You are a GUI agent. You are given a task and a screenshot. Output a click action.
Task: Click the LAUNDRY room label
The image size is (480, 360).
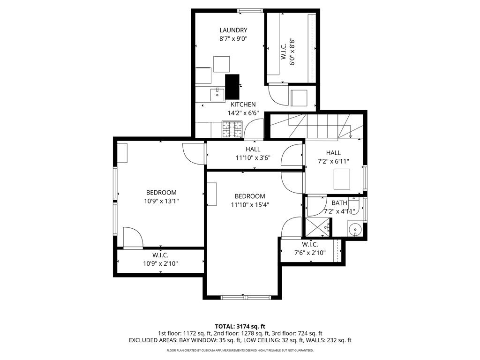(233, 30)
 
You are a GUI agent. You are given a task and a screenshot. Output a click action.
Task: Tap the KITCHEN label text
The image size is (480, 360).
(243, 105)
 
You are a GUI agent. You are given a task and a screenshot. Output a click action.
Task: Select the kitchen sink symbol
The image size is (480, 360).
(217, 94)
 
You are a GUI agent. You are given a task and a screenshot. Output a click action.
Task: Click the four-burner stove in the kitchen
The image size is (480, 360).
(232, 129)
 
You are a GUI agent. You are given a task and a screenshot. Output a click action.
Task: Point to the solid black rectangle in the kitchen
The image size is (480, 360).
(232, 87)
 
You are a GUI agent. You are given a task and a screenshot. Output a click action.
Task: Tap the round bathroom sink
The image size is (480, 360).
(355, 229)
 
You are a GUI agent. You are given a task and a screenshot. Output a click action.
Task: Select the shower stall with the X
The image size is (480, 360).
(318, 227)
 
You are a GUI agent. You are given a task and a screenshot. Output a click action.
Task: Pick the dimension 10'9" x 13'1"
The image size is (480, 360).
(161, 201)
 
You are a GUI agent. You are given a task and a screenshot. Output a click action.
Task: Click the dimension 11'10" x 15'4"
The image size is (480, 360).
(250, 205)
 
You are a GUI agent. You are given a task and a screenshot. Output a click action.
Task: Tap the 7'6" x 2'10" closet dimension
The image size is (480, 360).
(310, 253)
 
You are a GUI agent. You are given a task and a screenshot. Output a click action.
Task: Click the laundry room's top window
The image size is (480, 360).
(250, 11)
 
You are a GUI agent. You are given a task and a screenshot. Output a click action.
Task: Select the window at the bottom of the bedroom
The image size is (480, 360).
(246, 297)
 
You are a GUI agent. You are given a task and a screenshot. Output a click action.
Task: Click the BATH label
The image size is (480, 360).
(339, 202)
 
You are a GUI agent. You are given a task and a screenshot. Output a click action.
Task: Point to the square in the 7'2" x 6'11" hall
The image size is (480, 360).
(342, 179)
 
